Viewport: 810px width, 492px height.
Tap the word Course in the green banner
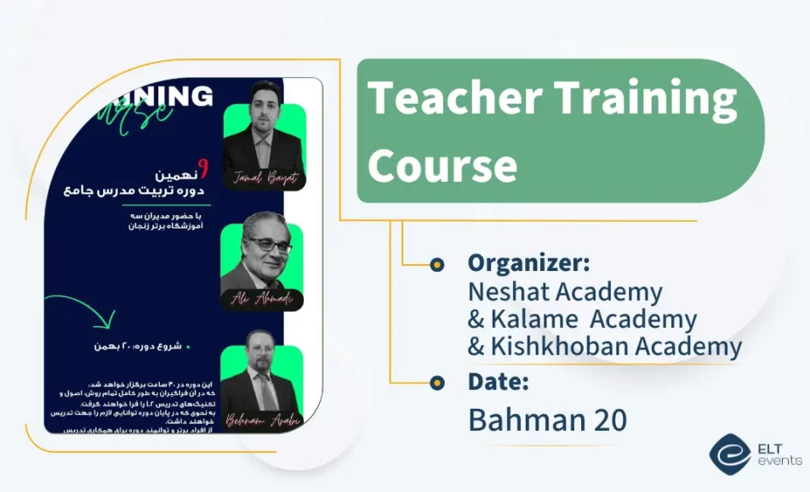(442, 164)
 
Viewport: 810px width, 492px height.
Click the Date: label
(499, 382)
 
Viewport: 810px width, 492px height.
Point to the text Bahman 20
(547, 420)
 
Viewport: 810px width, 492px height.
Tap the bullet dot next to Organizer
(436, 264)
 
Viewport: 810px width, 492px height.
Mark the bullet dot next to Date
(436, 382)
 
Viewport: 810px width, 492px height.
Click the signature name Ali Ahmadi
(261, 299)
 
